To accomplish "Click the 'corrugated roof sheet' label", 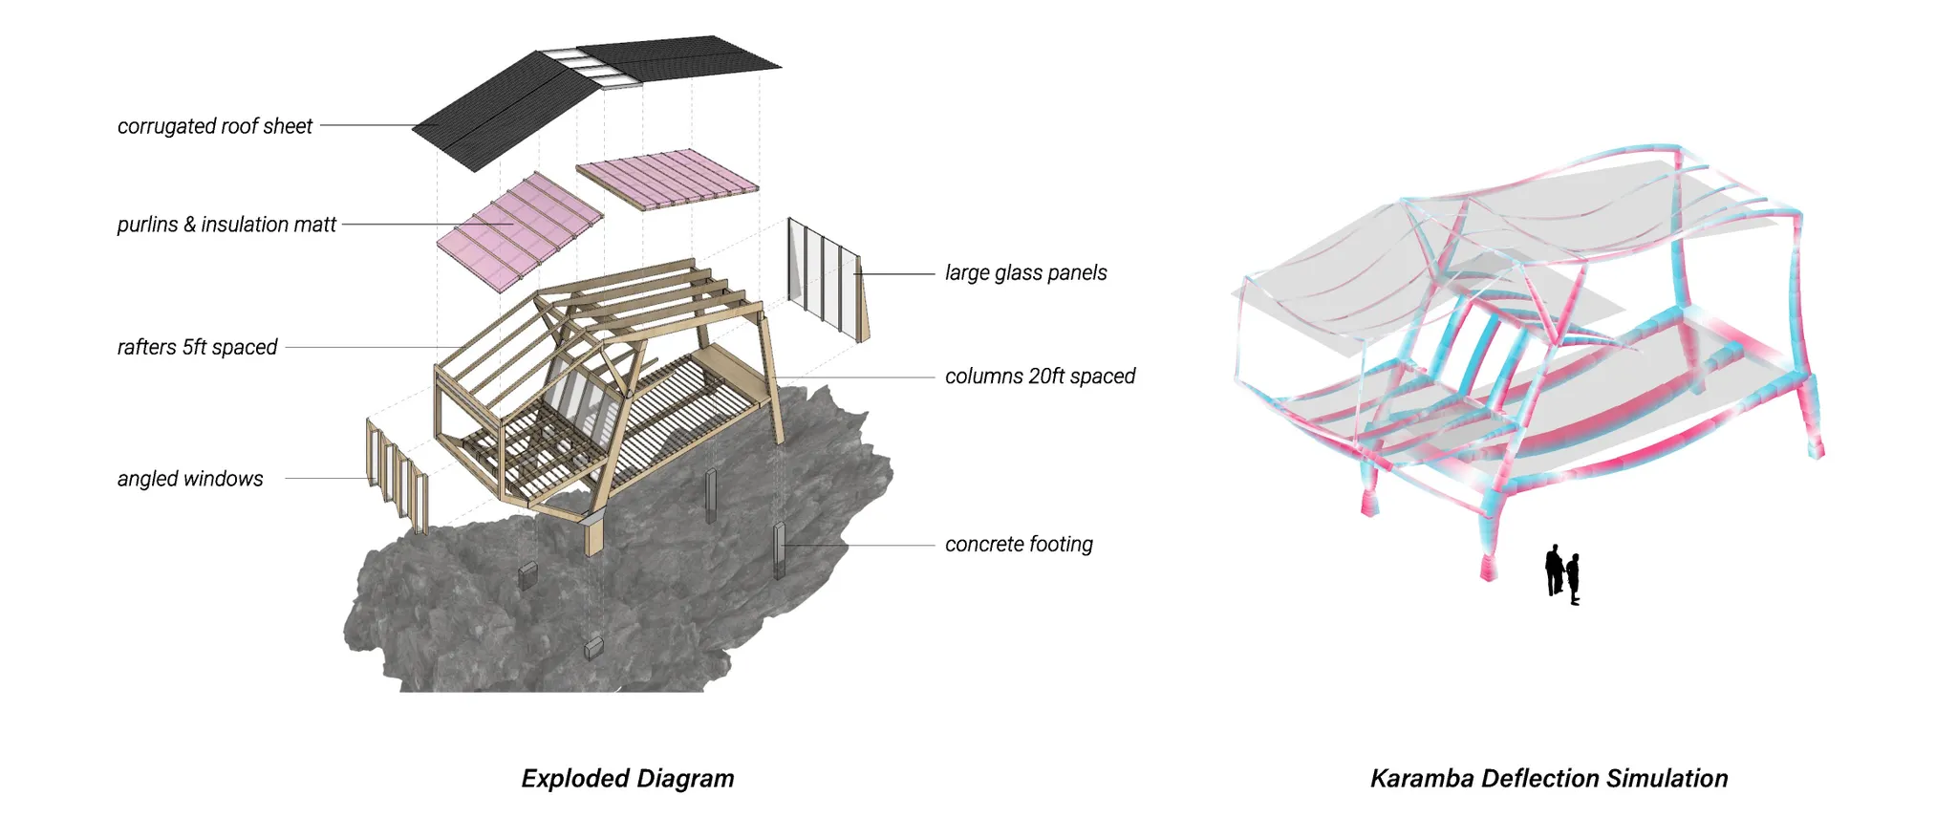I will tap(215, 126).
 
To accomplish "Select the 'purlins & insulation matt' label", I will tap(226, 225).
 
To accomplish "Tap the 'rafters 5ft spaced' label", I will tap(197, 347).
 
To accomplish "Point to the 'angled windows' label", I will tap(190, 479).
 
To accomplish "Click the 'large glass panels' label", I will tap(1025, 273).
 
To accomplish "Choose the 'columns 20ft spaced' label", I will tap(1040, 377).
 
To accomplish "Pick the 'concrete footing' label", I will tap(1019, 545).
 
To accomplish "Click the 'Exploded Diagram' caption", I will tap(628, 779).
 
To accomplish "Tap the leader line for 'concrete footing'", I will tap(860, 546).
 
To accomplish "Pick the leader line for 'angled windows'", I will tap(325, 478).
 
